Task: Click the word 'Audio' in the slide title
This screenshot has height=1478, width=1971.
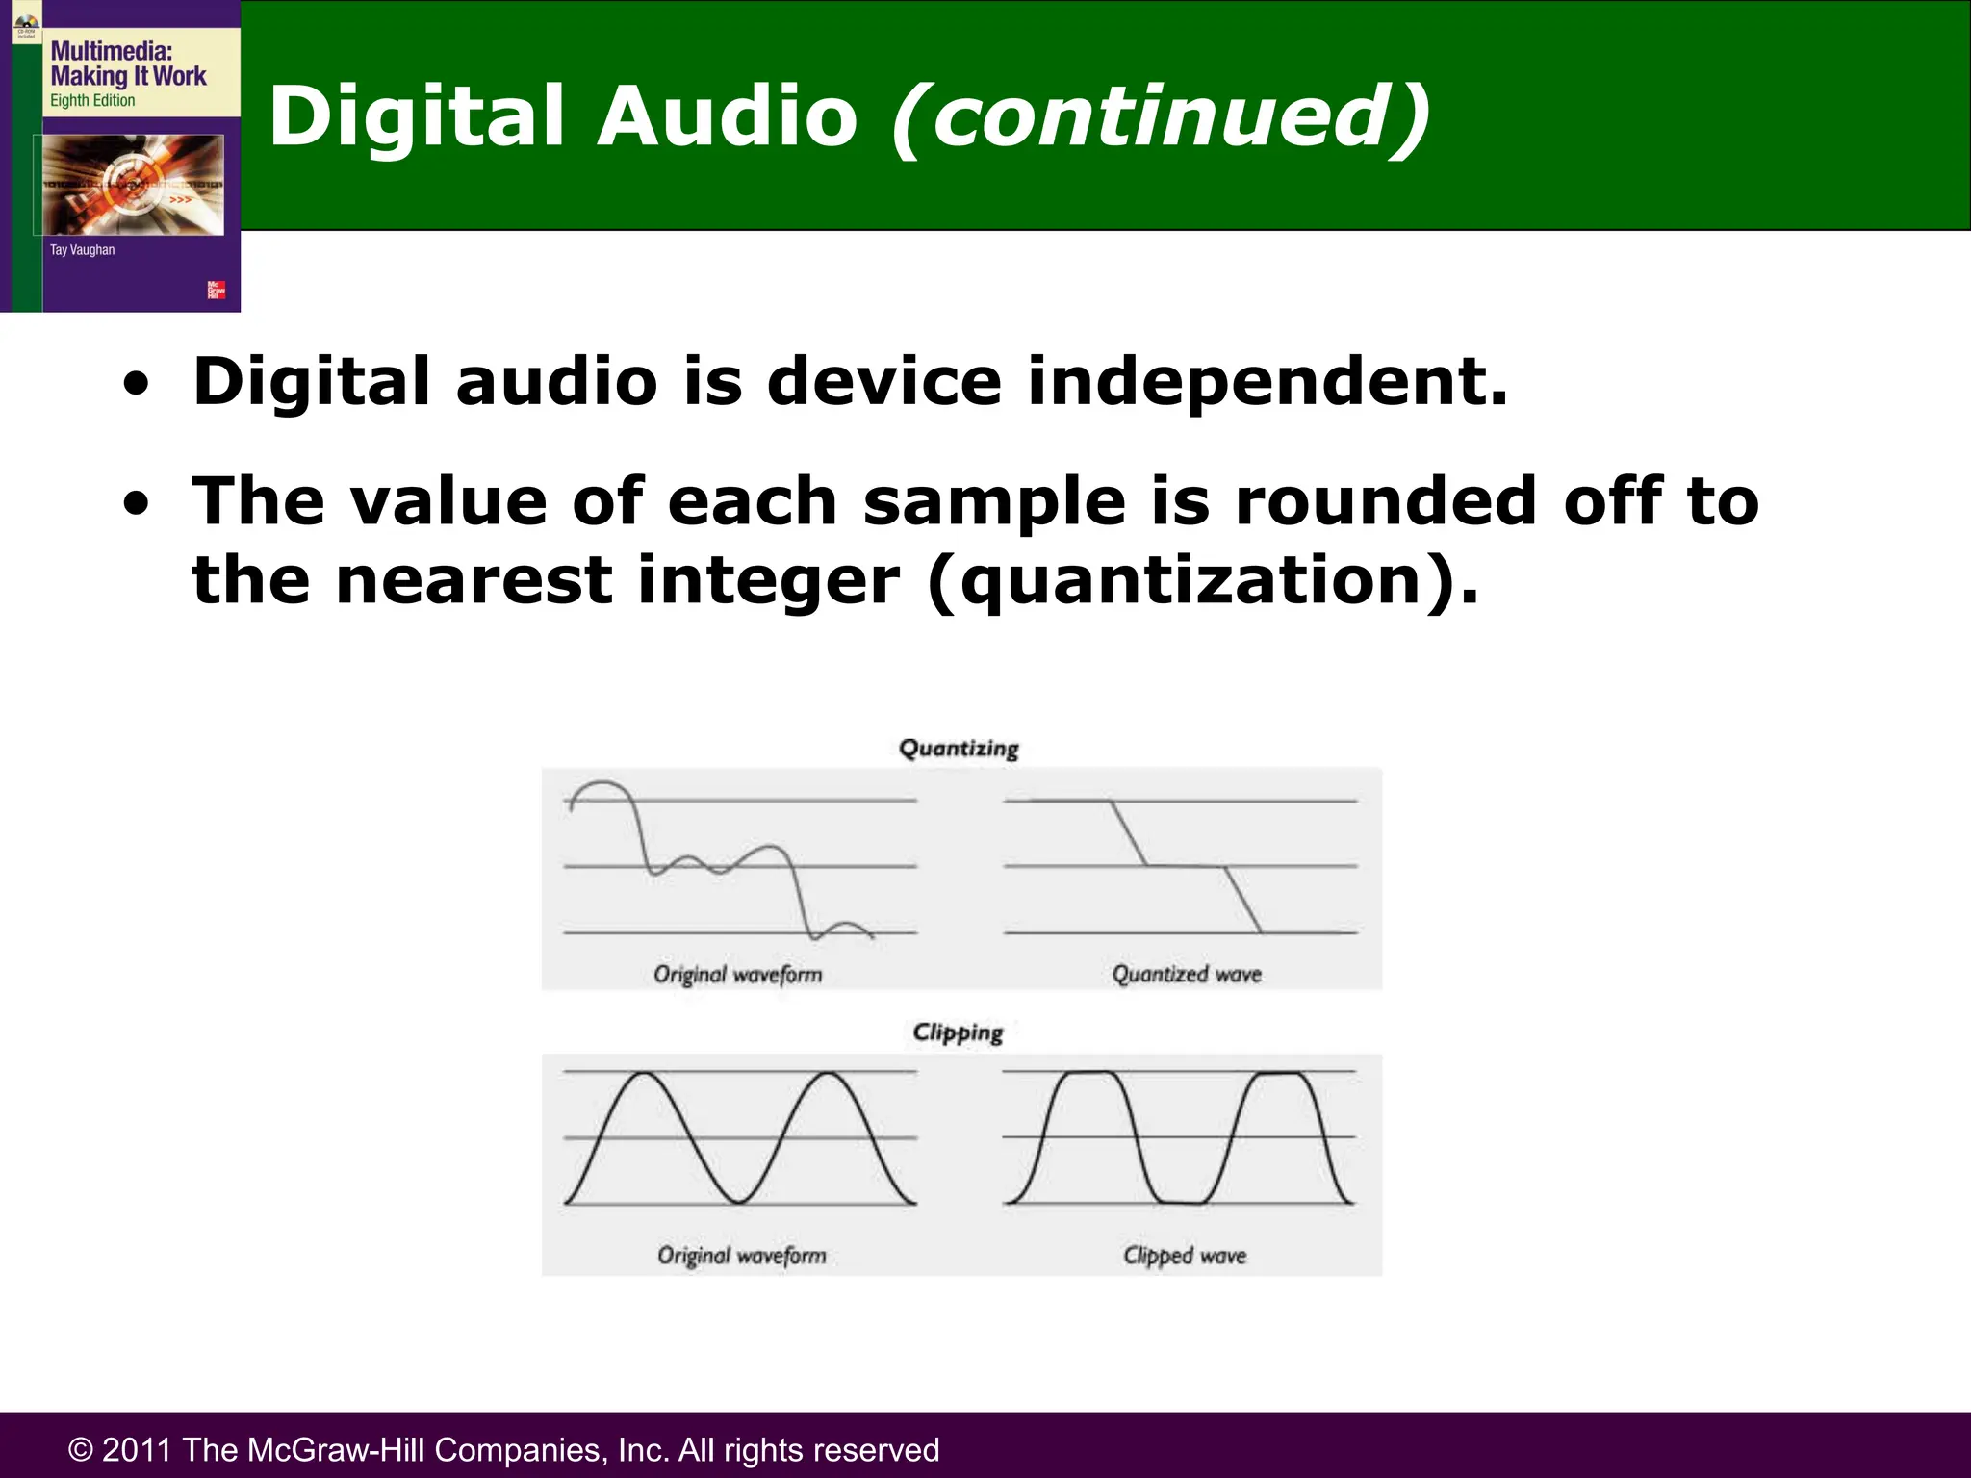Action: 727,116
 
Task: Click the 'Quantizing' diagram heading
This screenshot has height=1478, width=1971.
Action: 959,749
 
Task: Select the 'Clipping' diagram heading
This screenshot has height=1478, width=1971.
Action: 958,1032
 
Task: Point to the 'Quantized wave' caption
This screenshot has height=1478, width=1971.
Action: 1187,975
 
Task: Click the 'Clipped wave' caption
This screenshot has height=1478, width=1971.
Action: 1185,1256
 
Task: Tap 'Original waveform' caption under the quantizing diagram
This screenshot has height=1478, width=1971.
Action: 738,975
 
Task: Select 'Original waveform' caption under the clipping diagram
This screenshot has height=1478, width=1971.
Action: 742,1256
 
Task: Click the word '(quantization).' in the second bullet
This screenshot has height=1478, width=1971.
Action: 1202,581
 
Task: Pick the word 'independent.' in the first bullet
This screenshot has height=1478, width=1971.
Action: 1267,381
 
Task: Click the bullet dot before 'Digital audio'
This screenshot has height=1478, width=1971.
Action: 137,385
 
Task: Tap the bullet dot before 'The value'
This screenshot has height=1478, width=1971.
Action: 137,504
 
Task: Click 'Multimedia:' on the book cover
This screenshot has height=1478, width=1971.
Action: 111,51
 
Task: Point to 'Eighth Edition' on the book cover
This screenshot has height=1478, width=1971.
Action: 92,100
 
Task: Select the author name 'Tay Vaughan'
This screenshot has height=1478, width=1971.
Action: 82,250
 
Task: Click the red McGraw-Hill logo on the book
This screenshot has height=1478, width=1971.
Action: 217,290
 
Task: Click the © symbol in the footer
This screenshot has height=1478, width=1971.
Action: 81,1450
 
